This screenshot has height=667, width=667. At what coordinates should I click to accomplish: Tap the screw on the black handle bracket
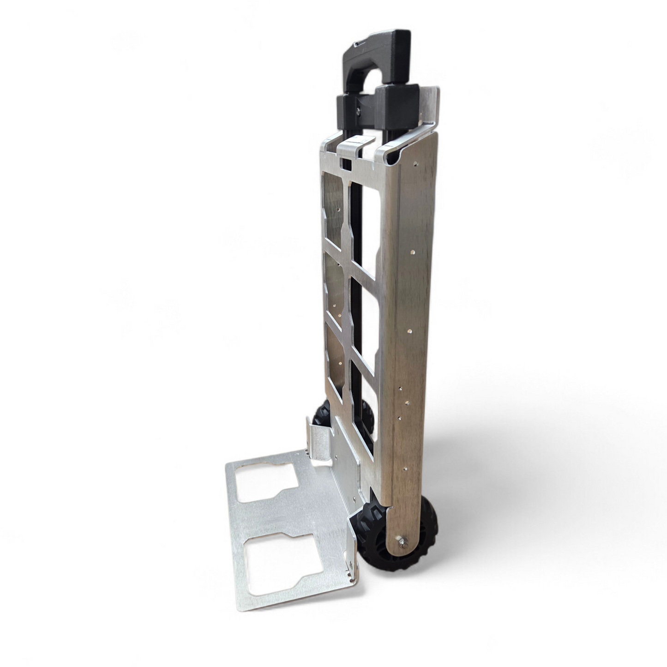[x=358, y=110]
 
